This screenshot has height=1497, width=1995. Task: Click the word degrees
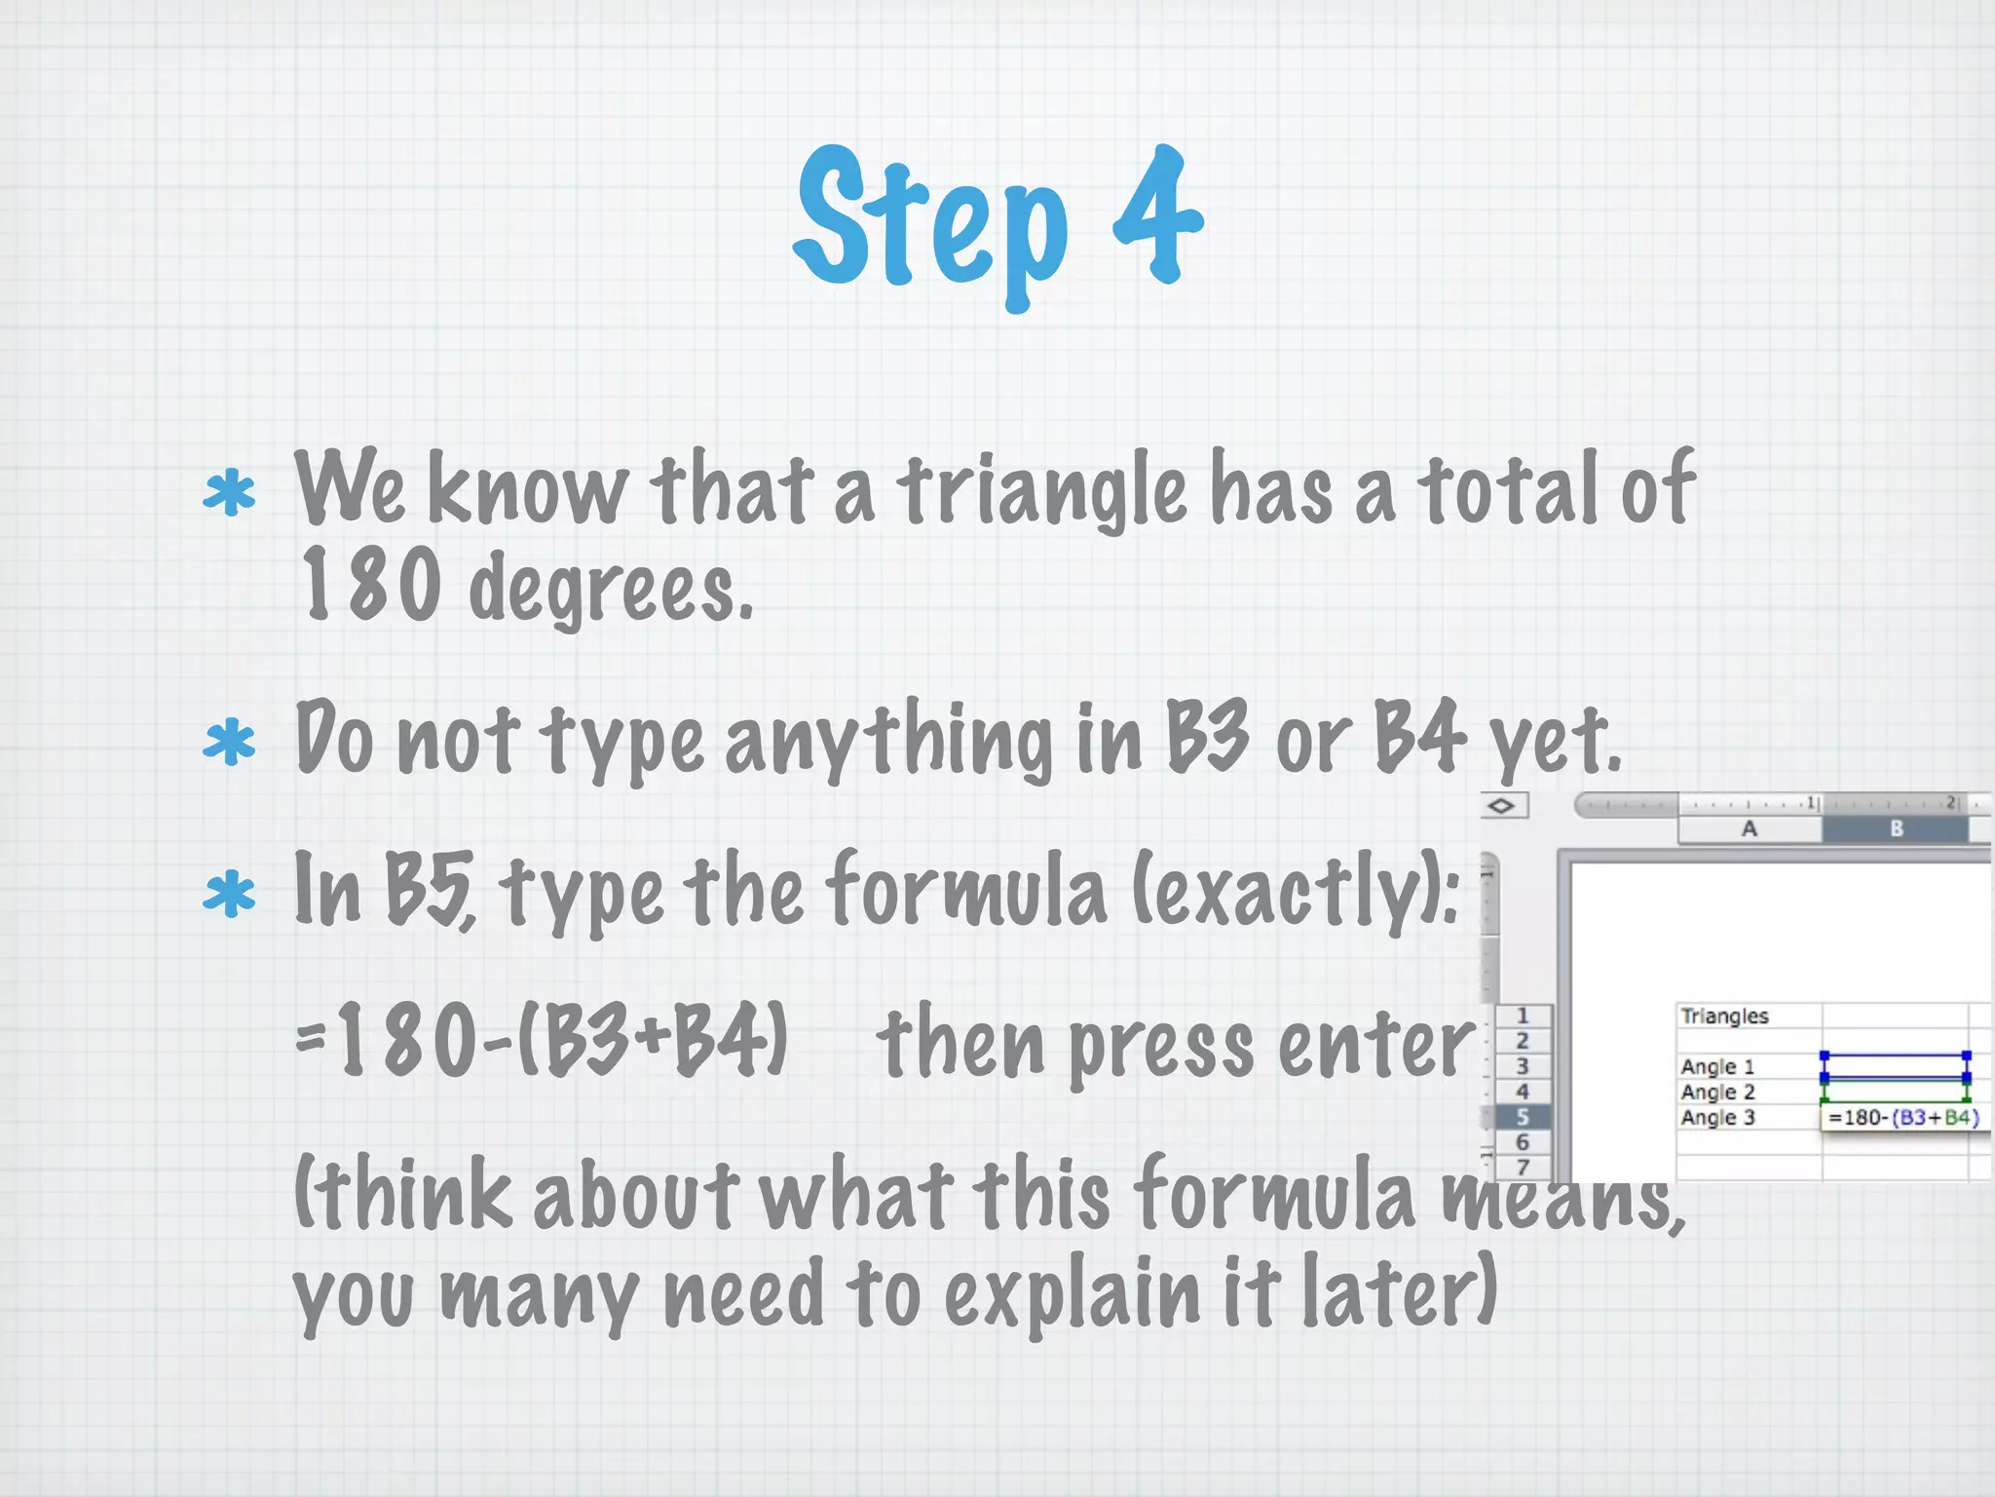[x=611, y=589]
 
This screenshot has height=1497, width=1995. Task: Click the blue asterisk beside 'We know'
[x=229, y=492]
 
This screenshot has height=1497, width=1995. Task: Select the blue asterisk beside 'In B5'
[x=229, y=894]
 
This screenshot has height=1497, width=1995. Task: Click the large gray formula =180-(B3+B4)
[x=542, y=1041]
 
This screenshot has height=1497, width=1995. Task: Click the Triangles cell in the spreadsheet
[x=1724, y=1017]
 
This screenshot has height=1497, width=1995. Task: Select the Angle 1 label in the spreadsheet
[x=1717, y=1067]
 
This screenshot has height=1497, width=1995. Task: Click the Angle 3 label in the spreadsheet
[x=1717, y=1118]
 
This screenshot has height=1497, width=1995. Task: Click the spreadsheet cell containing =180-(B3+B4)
[x=1903, y=1118]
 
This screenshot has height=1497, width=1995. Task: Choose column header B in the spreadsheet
[x=1896, y=829]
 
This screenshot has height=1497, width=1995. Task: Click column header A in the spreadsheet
[x=1750, y=829]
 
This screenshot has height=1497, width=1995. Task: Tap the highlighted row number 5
[x=1523, y=1117]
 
